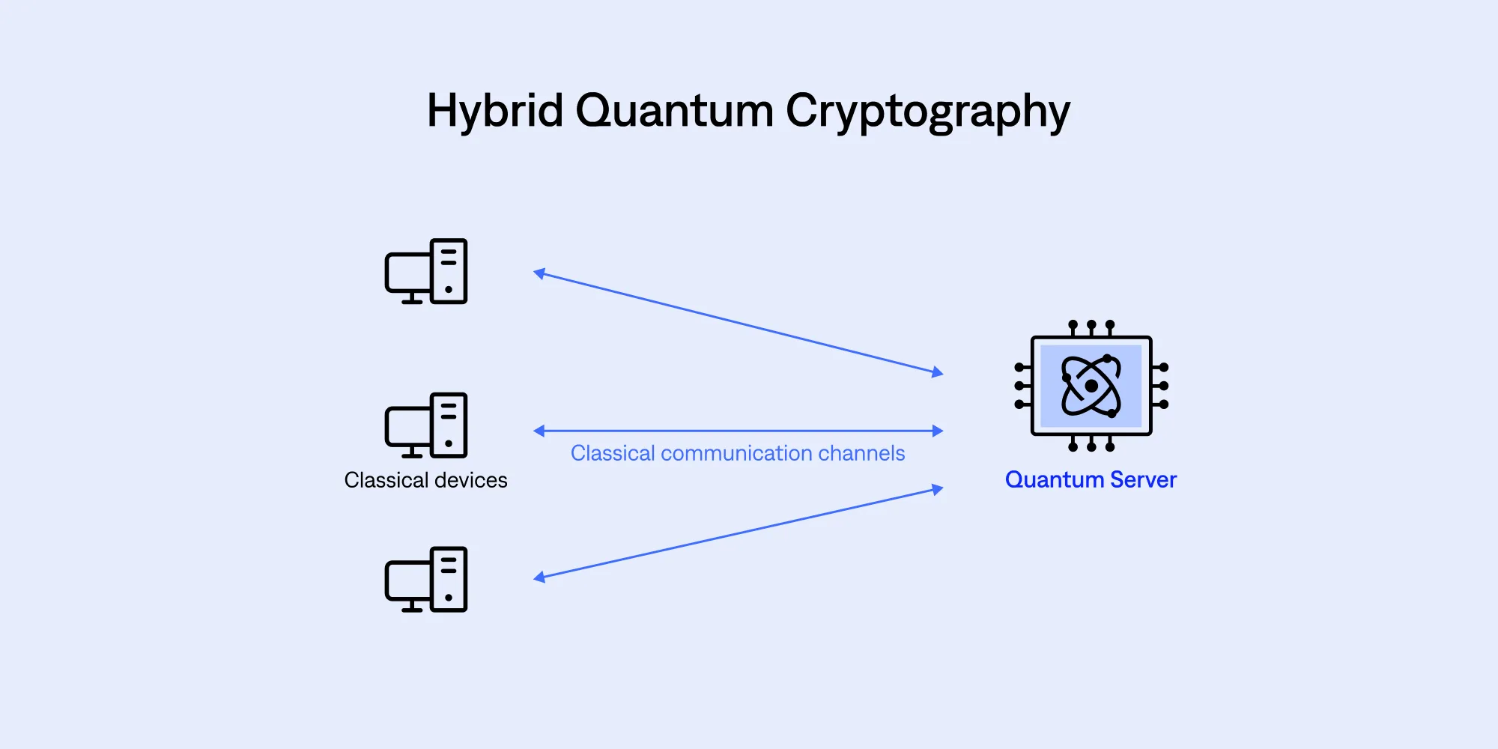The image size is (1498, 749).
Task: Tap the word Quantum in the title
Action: click(674, 111)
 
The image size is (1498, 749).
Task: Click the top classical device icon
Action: click(426, 271)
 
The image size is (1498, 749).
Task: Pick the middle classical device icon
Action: click(426, 425)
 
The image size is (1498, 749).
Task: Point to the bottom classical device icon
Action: click(426, 579)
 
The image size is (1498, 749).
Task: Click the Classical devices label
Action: click(425, 480)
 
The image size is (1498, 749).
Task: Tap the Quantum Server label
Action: click(1091, 479)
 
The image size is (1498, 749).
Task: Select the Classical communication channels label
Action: click(738, 453)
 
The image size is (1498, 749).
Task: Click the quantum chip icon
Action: click(1091, 386)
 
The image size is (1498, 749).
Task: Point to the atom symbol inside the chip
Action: click(1091, 386)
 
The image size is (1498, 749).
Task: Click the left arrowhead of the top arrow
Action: click(539, 273)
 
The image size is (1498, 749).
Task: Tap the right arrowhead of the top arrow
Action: click(938, 372)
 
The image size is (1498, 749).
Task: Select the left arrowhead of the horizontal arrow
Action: click(539, 431)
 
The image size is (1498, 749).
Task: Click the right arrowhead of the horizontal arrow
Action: click(938, 431)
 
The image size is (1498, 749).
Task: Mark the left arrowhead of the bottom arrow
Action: click(539, 577)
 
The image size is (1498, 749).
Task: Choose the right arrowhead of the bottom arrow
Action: click(938, 489)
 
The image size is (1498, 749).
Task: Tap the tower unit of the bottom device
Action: click(449, 579)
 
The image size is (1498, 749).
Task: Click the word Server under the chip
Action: click(1144, 479)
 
